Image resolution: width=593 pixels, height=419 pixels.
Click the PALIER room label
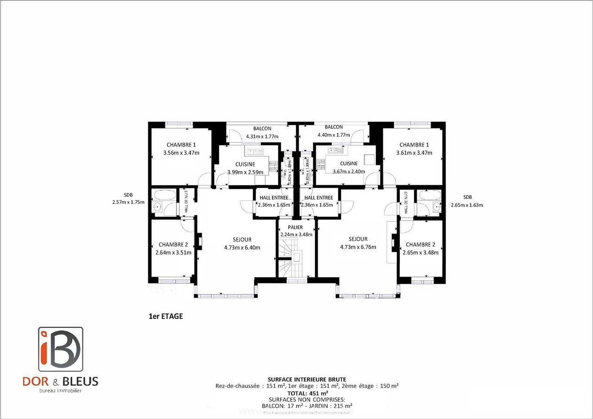295,228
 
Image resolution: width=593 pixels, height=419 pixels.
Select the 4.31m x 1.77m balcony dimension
262,136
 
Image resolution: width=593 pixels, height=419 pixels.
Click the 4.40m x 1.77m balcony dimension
334,135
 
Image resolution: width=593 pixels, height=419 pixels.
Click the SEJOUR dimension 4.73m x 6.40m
242,248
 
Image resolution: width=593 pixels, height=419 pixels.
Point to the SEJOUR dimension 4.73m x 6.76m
358,247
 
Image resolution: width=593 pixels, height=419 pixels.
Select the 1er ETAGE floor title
166,317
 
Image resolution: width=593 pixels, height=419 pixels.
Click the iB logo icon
61,349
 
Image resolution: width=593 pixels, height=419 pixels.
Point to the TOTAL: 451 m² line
308,392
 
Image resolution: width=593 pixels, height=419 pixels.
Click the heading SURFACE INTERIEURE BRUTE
307,379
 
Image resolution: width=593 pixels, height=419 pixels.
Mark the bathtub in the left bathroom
164,195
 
